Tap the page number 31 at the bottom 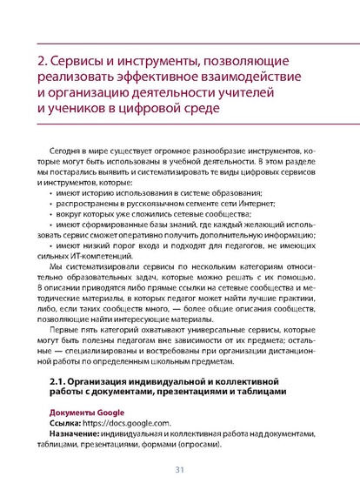tap(179, 471)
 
